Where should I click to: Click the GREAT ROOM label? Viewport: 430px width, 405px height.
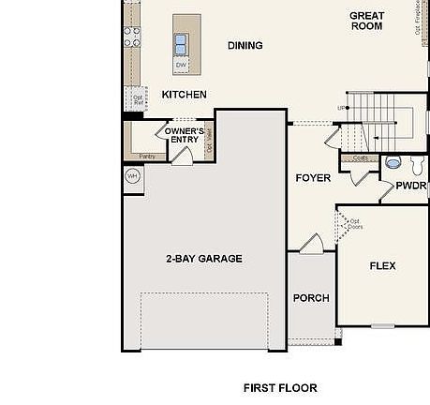pos(366,21)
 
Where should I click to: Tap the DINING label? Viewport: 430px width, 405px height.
pos(245,45)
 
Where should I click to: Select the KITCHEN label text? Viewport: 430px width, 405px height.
pos(184,95)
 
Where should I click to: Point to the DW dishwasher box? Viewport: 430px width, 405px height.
pos(181,65)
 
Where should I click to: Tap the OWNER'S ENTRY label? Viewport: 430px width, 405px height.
pos(184,136)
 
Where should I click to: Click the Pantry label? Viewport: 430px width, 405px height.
pos(147,156)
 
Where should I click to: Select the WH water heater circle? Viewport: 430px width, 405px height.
pos(132,175)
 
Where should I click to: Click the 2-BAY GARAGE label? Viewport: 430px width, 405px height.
pos(204,259)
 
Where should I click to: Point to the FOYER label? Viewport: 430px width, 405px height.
pos(313,178)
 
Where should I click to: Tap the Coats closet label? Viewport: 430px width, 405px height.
pos(360,158)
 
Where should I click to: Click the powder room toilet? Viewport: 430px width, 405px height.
pos(393,161)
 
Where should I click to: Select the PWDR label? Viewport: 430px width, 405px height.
pos(410,186)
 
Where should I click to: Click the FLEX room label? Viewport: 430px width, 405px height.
pos(382,266)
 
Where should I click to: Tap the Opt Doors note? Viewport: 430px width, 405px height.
pos(355,225)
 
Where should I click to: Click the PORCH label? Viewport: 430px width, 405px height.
pos(311,298)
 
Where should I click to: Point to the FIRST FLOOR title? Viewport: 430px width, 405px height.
pos(280,387)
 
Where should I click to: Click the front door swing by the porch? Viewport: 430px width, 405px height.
pos(311,244)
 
